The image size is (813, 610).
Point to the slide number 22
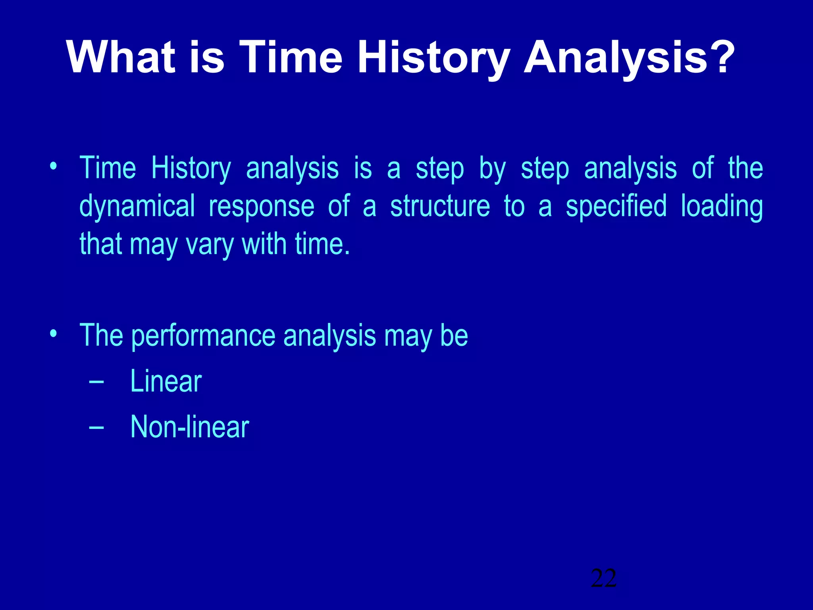603,578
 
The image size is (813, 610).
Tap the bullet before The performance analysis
53,333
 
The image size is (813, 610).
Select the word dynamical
137,207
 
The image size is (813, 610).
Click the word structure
440,207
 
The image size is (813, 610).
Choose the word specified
616,207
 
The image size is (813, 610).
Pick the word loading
722,207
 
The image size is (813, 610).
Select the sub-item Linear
166,381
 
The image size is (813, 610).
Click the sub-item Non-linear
189,427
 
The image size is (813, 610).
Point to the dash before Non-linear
96,427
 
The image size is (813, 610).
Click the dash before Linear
96,382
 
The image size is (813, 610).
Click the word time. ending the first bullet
322,244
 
